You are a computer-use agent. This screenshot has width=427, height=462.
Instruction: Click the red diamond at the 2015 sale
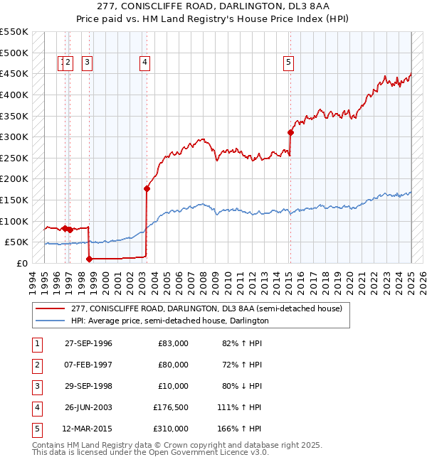tap(290, 132)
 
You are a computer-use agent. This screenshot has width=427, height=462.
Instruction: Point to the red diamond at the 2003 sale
tap(147, 188)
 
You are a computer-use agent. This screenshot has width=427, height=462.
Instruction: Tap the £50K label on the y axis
tap(17, 242)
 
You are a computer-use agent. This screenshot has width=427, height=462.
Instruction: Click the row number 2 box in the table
tap(36, 365)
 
